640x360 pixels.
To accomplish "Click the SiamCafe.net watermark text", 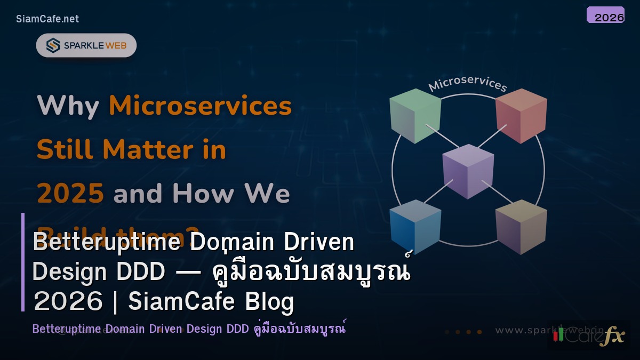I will pyautogui.click(x=47, y=19).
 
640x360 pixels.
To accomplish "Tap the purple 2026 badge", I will pyautogui.click(x=605, y=15).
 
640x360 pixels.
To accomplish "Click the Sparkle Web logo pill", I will pyautogui.click(x=86, y=45).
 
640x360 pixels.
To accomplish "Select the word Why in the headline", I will pyautogui.click(x=68, y=106).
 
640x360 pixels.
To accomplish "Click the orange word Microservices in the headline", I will pyautogui.click(x=201, y=106).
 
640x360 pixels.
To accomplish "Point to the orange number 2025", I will pyautogui.click(x=70, y=194).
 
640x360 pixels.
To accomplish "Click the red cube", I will pyautogui.click(x=521, y=116).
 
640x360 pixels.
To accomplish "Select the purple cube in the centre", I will pyautogui.click(x=468, y=171).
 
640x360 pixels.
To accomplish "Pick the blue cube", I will pyautogui.click(x=415, y=227).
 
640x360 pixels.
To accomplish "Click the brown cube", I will pyautogui.click(x=521, y=227).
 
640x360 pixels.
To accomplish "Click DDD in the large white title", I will pyautogui.click(x=144, y=273).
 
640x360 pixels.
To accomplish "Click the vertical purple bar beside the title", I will pyautogui.click(x=23, y=262).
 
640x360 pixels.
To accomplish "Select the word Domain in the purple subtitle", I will pyautogui.click(x=125, y=329).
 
